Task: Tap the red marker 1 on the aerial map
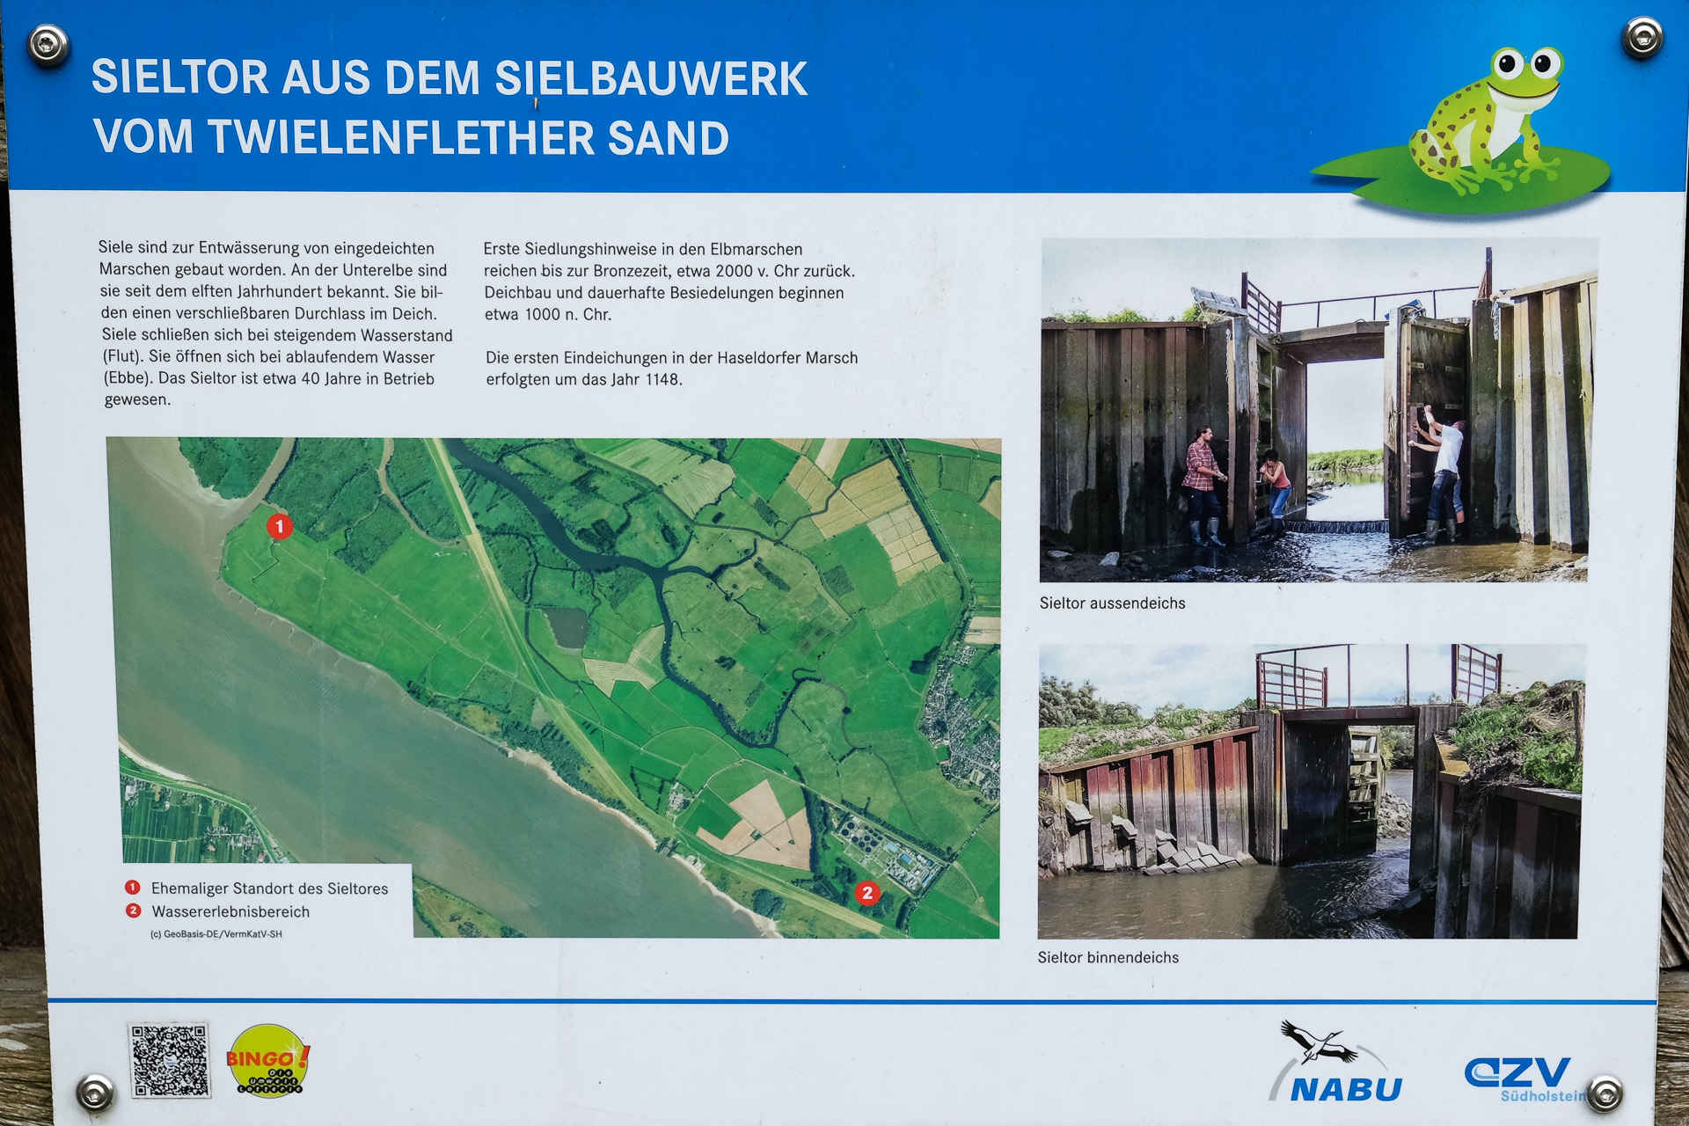(x=280, y=527)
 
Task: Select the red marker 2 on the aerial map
(x=867, y=893)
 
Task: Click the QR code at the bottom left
(x=169, y=1060)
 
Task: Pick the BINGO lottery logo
(x=267, y=1059)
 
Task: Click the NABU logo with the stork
(x=1335, y=1062)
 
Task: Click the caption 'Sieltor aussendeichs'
(x=1112, y=603)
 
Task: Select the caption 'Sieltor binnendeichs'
(x=1108, y=957)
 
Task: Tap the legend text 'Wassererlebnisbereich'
(x=230, y=912)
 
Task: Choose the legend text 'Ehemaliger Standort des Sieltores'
(x=269, y=888)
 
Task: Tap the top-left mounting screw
(x=48, y=43)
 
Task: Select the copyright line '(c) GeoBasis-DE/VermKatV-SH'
(x=216, y=934)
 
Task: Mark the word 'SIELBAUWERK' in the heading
(x=651, y=78)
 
